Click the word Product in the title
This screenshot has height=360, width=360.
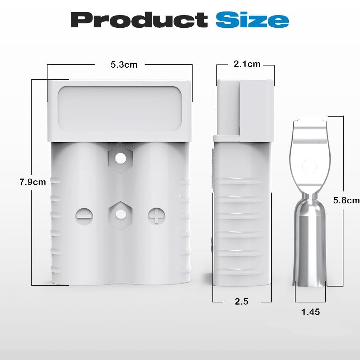click(139, 20)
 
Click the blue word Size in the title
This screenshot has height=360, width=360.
click(252, 20)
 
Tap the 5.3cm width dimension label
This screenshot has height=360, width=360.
click(124, 64)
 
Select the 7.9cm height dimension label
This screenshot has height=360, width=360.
click(33, 182)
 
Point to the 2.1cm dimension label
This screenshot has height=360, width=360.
click(247, 64)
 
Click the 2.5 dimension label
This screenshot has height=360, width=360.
click(242, 301)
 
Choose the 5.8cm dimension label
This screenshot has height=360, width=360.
click(346, 200)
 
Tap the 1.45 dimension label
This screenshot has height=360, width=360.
click(310, 312)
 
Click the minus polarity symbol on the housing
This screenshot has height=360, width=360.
click(84, 216)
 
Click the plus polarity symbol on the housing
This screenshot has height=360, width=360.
click(156, 216)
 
